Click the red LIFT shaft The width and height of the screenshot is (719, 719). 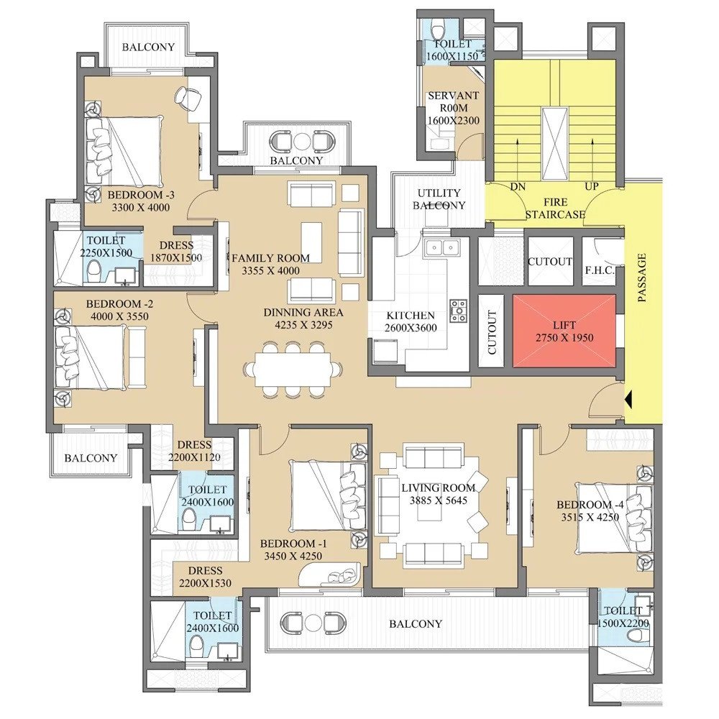[564, 330]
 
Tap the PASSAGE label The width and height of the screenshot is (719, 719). [642, 277]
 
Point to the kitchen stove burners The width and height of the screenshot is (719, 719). [458, 310]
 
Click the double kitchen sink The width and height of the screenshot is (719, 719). [442, 248]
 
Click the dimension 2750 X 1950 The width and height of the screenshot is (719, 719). [564, 337]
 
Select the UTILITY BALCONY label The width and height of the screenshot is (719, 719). [439, 199]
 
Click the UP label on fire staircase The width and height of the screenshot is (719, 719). [593, 186]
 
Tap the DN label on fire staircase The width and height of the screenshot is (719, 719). [517, 186]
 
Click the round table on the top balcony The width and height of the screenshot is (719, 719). [303, 139]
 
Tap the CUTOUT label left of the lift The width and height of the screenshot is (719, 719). [492, 332]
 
